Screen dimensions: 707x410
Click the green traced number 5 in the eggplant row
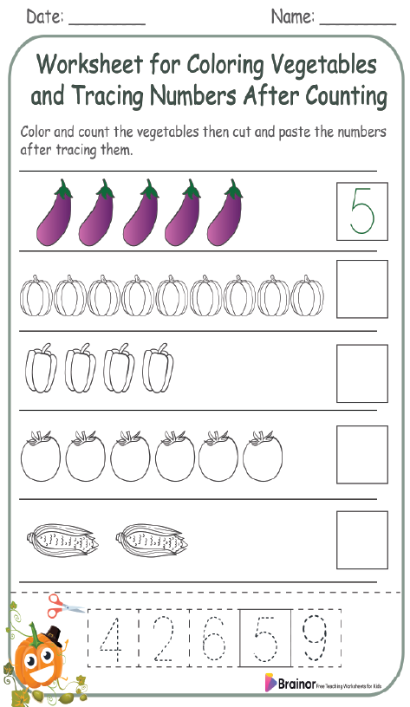[x=361, y=210]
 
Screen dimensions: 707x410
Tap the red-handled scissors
[x=66, y=602]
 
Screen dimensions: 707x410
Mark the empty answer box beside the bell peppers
[x=361, y=373]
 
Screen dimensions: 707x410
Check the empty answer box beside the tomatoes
[x=361, y=455]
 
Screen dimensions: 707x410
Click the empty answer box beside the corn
[x=361, y=539]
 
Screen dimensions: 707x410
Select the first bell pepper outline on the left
[x=40, y=369]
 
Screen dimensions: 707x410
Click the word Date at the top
[x=43, y=16]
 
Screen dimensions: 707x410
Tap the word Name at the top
[x=292, y=16]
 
